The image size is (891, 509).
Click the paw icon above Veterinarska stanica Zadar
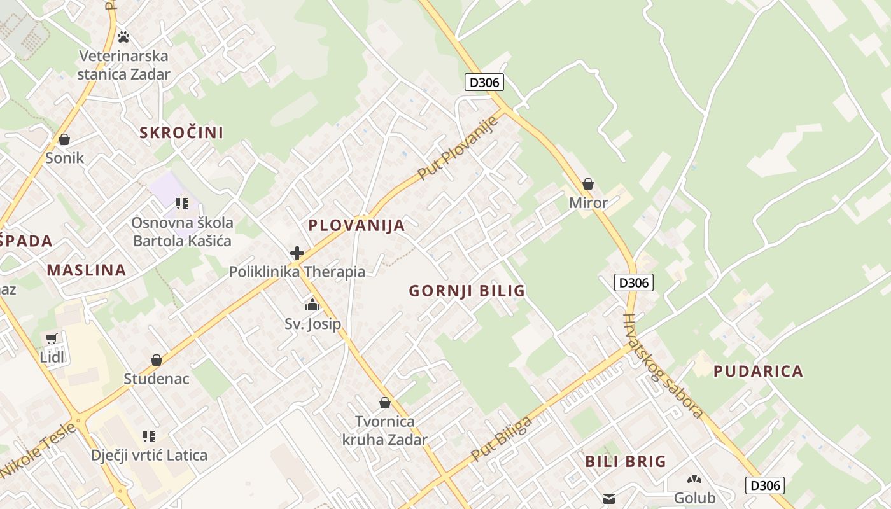(x=123, y=38)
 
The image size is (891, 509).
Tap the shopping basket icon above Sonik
(x=64, y=139)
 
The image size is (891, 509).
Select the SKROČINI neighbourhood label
(x=181, y=132)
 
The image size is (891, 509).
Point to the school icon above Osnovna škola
(x=182, y=204)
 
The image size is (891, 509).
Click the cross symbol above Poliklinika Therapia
(x=297, y=253)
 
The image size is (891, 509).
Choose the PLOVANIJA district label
(x=356, y=225)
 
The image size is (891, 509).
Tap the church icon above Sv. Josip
(x=312, y=305)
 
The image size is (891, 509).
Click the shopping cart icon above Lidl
(x=52, y=338)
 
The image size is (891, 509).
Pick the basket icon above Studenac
(x=157, y=360)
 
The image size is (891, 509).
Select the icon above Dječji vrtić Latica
(x=149, y=436)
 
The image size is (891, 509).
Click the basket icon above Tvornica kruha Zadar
(x=384, y=403)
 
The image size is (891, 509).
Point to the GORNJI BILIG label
(x=467, y=291)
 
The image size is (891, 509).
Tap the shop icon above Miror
(x=588, y=185)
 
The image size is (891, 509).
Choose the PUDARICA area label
(x=758, y=371)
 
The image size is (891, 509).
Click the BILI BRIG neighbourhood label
(x=626, y=461)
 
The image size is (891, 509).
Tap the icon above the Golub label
(x=694, y=479)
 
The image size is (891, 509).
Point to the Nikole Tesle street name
(x=38, y=450)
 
